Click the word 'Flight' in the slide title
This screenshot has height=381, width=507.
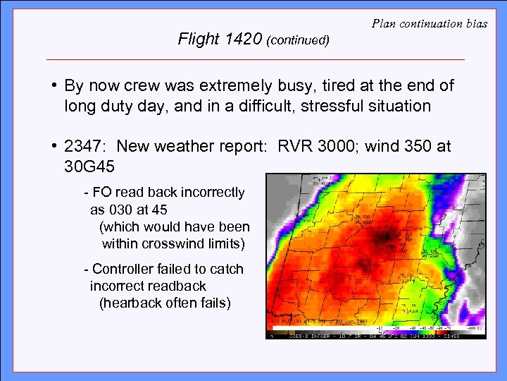199,39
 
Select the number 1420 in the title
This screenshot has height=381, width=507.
244,39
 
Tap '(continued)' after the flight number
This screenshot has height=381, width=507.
298,40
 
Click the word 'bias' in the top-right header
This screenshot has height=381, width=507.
476,23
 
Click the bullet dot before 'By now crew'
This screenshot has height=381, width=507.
54,86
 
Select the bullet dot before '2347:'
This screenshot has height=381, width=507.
54,146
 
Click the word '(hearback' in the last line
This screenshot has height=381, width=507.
129,303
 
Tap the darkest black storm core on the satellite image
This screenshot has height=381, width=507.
385,237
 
